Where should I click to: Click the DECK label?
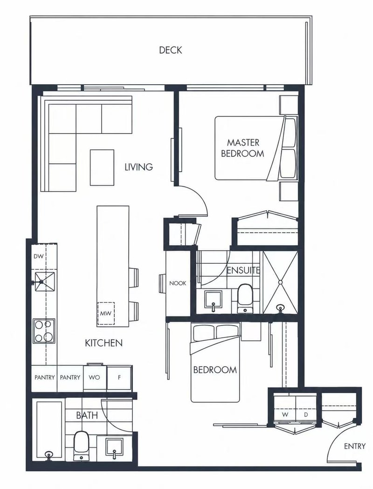pos(170,50)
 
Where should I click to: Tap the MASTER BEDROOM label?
pos(243,148)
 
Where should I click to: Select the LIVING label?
pos(138,167)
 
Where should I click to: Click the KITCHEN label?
pos(104,343)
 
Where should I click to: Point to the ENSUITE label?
pos(243,270)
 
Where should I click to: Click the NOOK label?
pos(178,283)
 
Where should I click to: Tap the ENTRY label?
pos(354,446)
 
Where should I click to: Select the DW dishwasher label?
pos(39,257)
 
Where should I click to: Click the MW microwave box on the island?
pos(105,314)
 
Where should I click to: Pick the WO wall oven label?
pos(94,377)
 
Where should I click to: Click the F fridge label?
pos(119,377)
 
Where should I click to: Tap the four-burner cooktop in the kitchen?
pos(44,331)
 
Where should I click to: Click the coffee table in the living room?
pos(102,167)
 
